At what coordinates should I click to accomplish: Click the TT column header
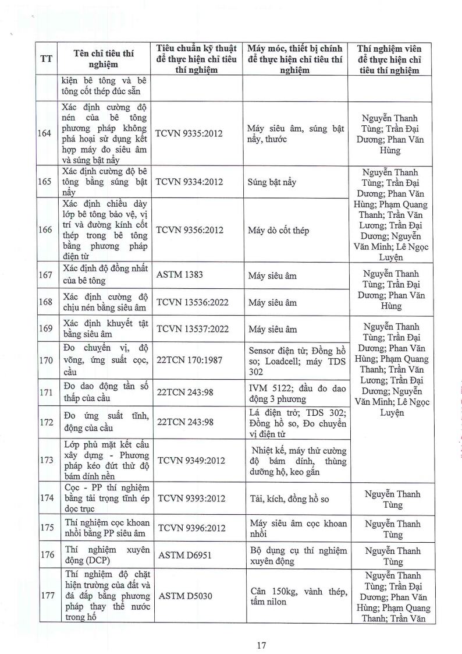point(45,59)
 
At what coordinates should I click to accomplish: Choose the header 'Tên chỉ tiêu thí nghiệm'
point(104,59)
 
